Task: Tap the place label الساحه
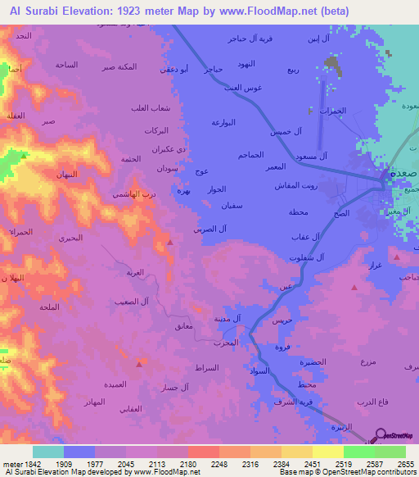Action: tap(66, 64)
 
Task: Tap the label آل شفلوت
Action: tap(309, 257)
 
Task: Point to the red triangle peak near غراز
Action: tap(354, 288)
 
